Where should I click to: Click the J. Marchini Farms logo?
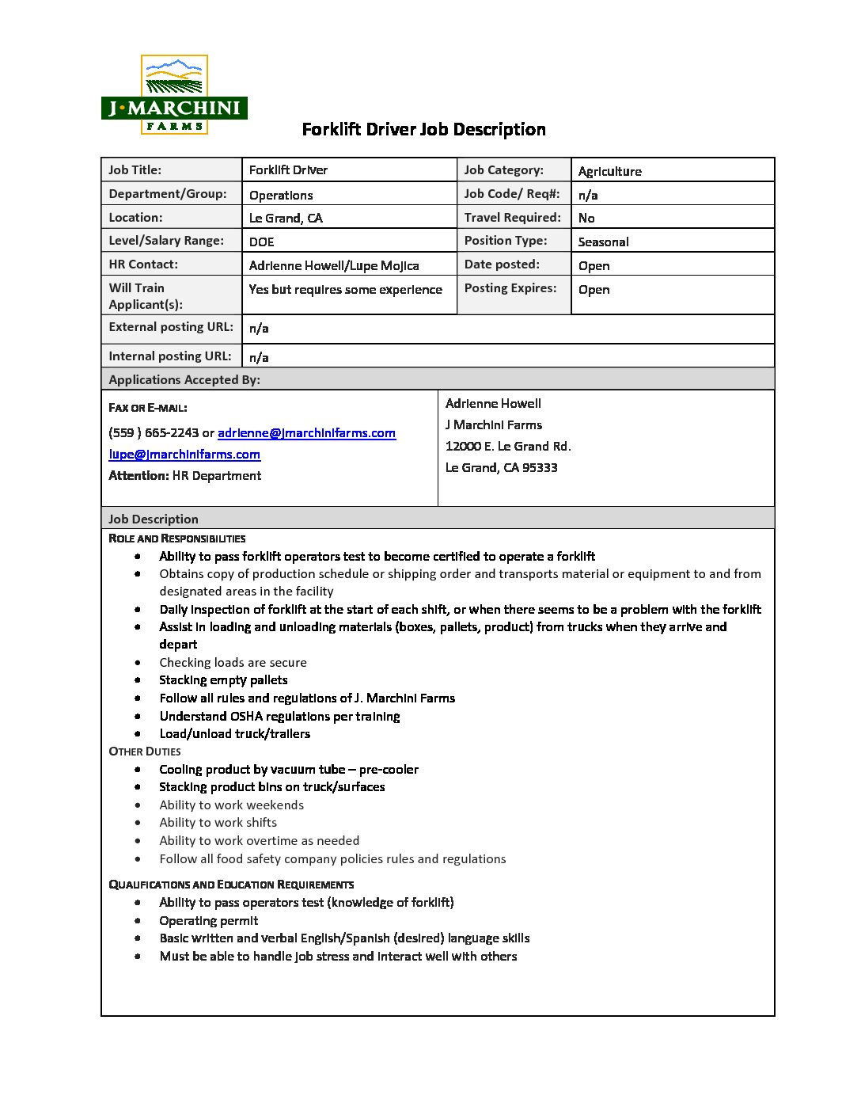click(x=174, y=95)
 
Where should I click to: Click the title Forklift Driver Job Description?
click(x=423, y=129)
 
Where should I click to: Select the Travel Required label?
click(x=512, y=217)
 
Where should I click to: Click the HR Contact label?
click(x=143, y=264)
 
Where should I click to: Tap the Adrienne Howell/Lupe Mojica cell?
click(x=334, y=265)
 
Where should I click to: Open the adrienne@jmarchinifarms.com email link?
click(x=306, y=432)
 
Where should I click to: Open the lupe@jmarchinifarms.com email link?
click(x=184, y=454)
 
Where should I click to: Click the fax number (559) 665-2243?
click(x=154, y=432)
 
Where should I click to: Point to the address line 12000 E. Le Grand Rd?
click(x=508, y=446)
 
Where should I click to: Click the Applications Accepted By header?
click(x=184, y=379)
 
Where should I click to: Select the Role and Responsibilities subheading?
click(x=176, y=538)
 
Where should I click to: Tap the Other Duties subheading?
click(x=145, y=752)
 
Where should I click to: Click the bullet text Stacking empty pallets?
click(x=223, y=679)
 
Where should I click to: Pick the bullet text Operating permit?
click(x=208, y=920)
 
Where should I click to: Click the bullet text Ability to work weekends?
click(x=231, y=805)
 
